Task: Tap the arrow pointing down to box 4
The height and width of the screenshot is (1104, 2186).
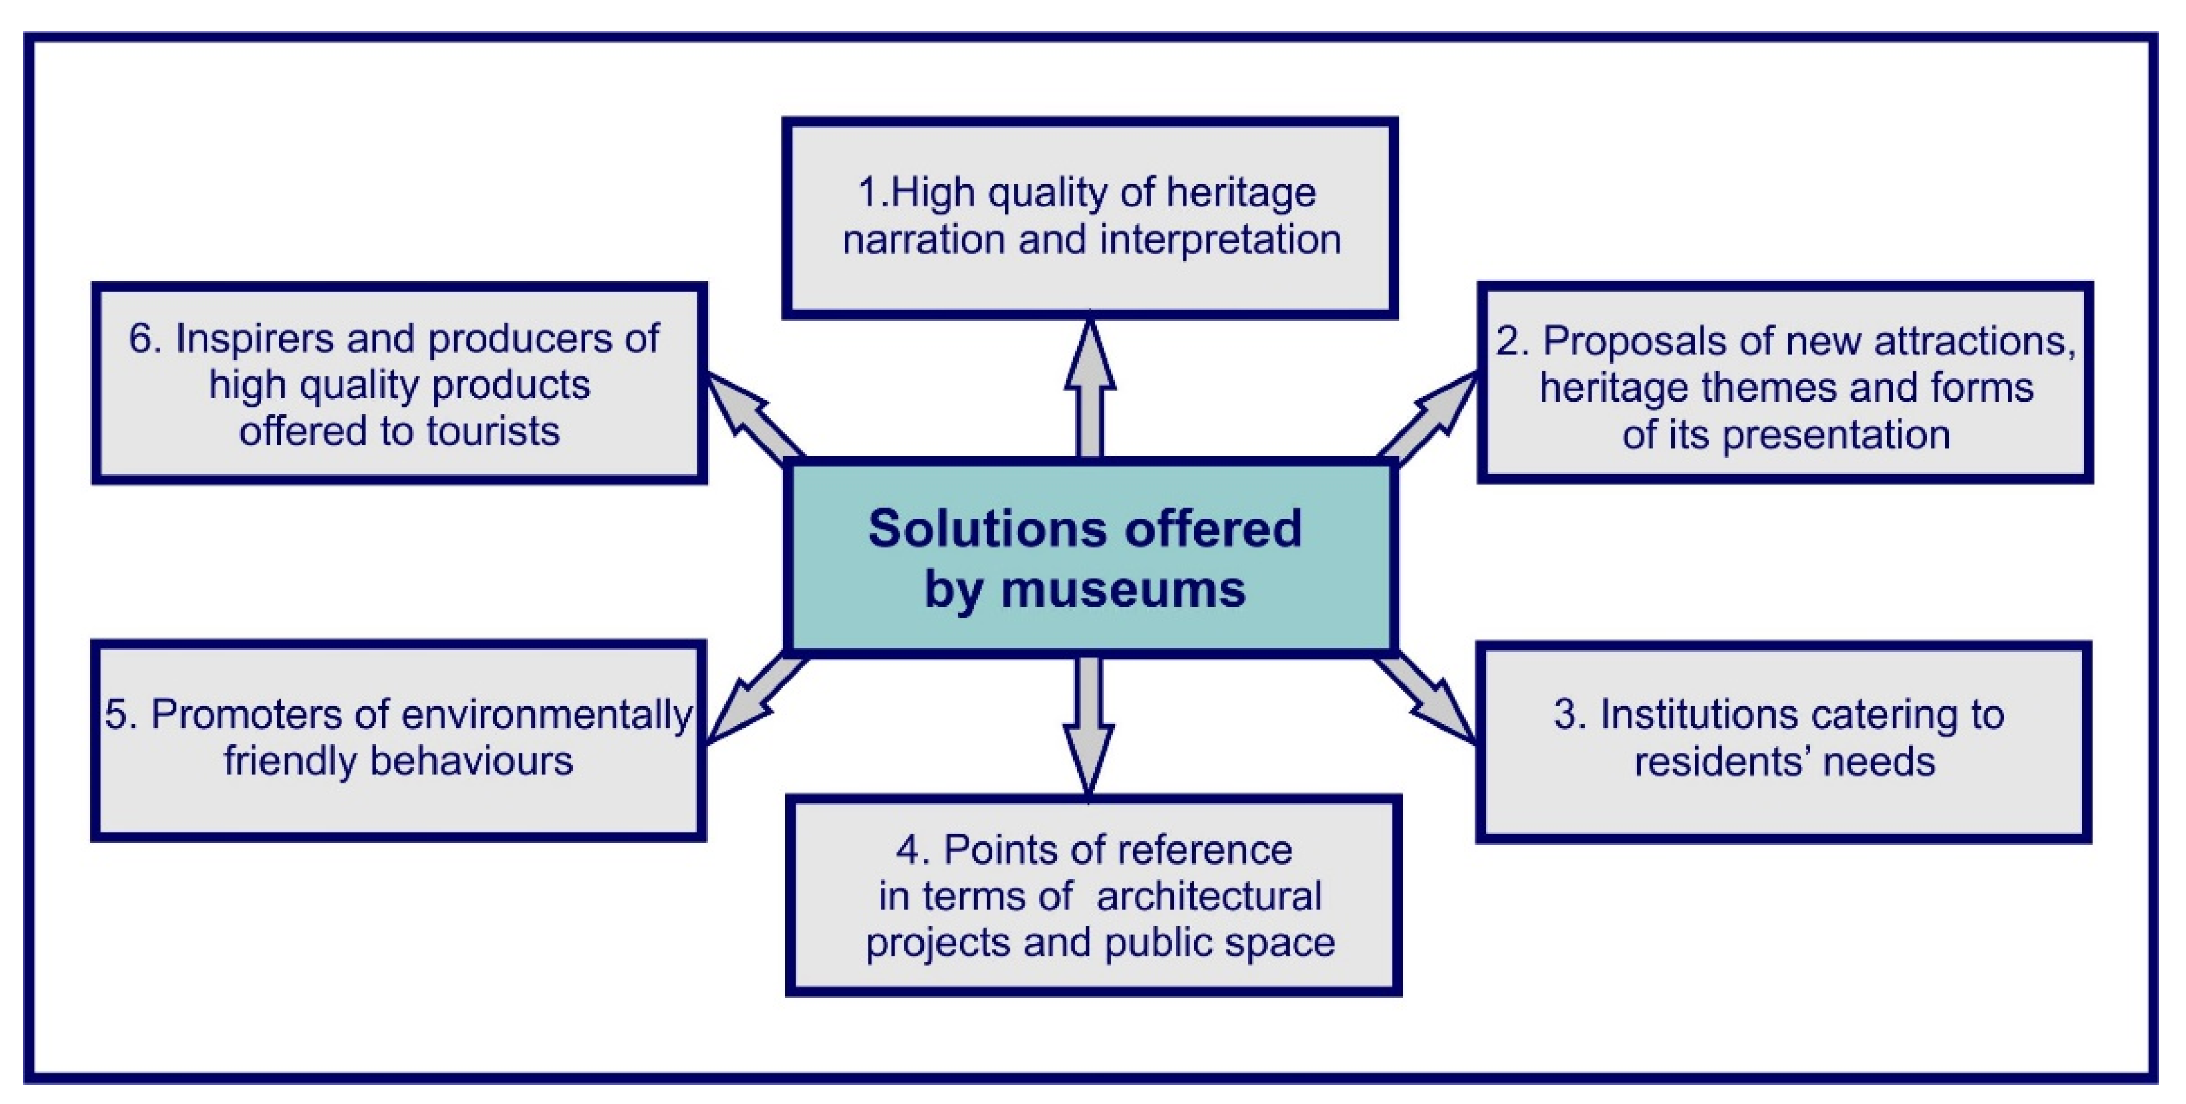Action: point(1089,726)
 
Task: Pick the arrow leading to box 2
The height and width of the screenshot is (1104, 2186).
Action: point(1430,416)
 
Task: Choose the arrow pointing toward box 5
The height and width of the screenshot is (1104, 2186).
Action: point(751,700)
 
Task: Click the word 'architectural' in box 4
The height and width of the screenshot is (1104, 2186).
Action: point(1208,896)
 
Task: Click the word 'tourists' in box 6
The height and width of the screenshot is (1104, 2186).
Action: point(492,432)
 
